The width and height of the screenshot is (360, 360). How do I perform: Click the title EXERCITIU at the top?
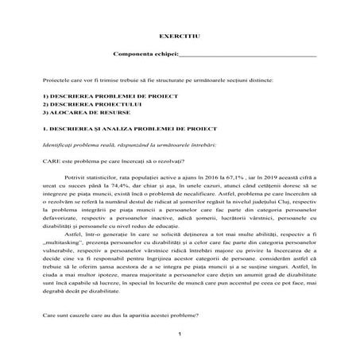[x=179, y=37]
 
